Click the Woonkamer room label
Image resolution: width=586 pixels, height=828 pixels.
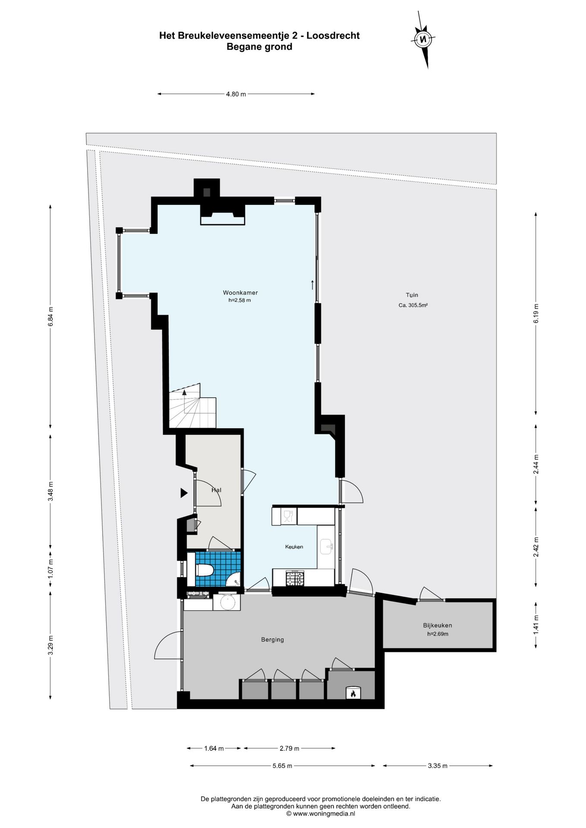click(x=240, y=293)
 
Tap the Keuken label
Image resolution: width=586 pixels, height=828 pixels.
click(x=294, y=547)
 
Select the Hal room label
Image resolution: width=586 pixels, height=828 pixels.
click(x=216, y=490)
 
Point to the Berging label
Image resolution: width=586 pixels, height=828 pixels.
click(x=272, y=640)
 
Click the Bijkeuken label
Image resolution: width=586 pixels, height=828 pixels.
click(x=438, y=625)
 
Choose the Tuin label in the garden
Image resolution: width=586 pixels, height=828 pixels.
click(x=412, y=295)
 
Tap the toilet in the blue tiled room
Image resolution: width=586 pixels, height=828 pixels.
click(x=205, y=571)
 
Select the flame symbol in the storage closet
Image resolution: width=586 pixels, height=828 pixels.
click(x=353, y=693)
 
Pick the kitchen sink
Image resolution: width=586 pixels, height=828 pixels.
click(x=326, y=546)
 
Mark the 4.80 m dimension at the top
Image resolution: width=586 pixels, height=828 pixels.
click(x=236, y=94)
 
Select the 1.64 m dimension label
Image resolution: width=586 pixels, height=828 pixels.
click(x=214, y=749)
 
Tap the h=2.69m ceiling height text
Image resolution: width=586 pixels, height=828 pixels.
click(x=438, y=634)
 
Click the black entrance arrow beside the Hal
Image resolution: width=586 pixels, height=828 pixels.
click(x=184, y=493)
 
